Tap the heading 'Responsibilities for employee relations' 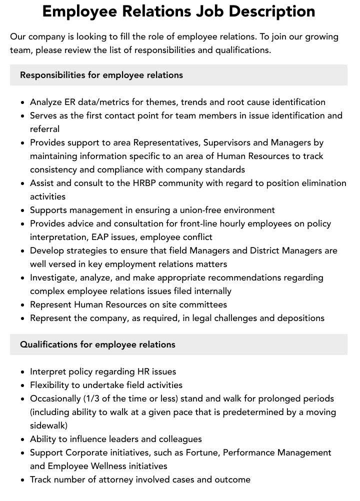click(101, 75)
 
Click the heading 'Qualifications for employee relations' click(97, 344)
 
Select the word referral click(44, 129)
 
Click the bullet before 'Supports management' click(23, 210)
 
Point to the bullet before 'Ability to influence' click(23, 439)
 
